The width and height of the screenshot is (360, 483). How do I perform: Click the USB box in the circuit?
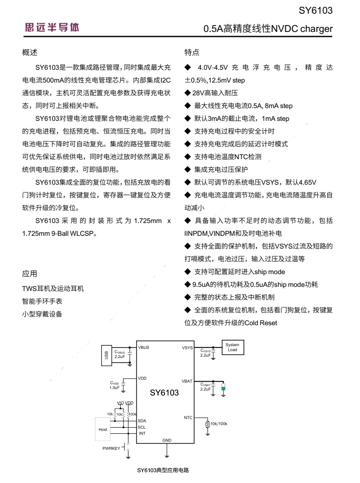point(106,355)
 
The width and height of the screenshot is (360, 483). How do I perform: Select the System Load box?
point(232,347)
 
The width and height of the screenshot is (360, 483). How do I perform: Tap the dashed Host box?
point(103,429)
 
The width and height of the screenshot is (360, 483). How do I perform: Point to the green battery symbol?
point(223,387)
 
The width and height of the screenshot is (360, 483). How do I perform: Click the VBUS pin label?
point(144,348)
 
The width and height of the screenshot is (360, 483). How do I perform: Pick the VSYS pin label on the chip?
point(187,348)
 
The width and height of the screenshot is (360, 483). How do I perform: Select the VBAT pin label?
point(187,380)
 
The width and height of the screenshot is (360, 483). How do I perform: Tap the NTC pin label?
point(188,417)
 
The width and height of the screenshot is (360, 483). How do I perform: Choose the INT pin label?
point(142,433)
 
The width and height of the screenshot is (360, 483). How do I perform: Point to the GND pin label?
point(167,440)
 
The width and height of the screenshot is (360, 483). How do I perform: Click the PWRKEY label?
point(112,448)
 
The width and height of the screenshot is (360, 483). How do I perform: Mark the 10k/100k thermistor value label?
point(219,424)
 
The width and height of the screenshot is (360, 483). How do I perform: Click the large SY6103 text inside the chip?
point(165,392)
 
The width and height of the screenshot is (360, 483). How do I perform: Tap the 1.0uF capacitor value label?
point(114,387)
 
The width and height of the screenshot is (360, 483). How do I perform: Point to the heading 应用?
point(30,274)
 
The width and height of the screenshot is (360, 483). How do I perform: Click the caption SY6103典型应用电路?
point(163,470)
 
